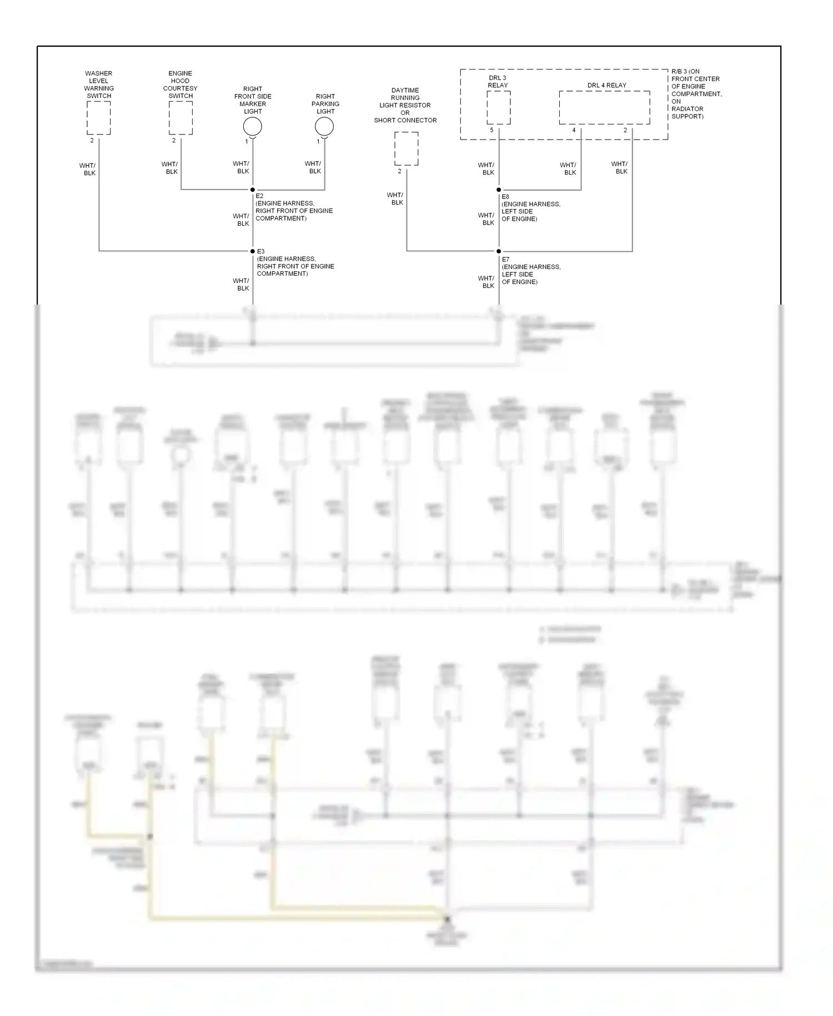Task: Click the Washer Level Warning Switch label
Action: (x=99, y=84)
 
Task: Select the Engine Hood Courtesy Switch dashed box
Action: (x=180, y=118)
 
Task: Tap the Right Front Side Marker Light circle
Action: (x=253, y=127)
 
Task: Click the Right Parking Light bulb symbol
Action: (x=324, y=127)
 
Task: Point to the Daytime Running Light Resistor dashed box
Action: (x=407, y=148)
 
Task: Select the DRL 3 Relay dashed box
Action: (x=499, y=108)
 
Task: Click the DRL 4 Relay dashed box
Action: (x=604, y=108)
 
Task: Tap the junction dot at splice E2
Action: (x=253, y=190)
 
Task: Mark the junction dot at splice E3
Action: (x=253, y=251)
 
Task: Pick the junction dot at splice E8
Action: (x=499, y=190)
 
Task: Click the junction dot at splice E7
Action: (x=499, y=251)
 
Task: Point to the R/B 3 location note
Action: (x=696, y=94)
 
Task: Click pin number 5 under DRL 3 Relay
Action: (x=491, y=131)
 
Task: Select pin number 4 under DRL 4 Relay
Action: (x=574, y=131)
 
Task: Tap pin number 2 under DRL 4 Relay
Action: (x=625, y=131)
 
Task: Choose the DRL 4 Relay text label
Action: (x=606, y=86)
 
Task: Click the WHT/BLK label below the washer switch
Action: (x=88, y=169)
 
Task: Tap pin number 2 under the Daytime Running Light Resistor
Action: (x=399, y=171)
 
